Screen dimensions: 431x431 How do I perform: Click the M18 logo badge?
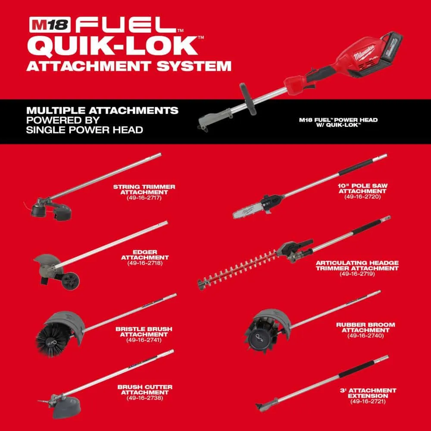(x=50, y=25)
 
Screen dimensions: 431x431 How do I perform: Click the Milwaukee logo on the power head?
(x=364, y=53)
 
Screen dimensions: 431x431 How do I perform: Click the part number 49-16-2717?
(x=144, y=198)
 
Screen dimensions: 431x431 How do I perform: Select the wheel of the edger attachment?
(x=70, y=281)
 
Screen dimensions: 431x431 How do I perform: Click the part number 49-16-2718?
(x=145, y=263)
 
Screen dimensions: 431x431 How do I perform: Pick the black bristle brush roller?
(x=52, y=340)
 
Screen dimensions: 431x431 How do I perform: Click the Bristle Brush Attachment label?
(x=144, y=331)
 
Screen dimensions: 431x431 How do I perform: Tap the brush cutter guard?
(x=67, y=408)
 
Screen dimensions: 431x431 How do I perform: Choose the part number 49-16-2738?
(x=145, y=398)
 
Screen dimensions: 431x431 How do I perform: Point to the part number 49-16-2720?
(x=362, y=197)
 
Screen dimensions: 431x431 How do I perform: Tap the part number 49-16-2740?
(x=365, y=336)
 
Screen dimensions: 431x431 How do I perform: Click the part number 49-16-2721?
(x=368, y=401)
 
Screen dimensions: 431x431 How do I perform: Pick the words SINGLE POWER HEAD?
(x=84, y=130)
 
